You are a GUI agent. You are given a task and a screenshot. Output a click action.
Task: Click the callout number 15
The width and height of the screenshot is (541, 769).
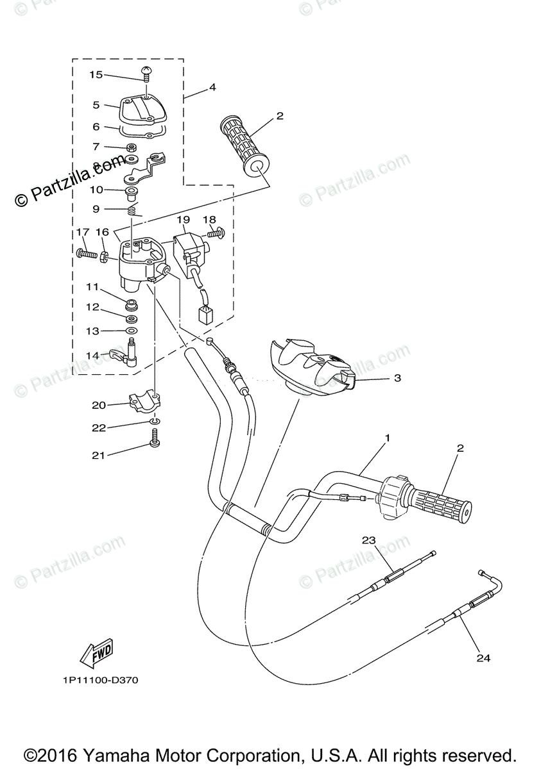96,75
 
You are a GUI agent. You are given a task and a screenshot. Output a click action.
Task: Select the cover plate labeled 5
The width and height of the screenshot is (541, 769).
137,110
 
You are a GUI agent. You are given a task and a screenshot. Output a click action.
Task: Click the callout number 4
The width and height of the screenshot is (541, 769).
212,87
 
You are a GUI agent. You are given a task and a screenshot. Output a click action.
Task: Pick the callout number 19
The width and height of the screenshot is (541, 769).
183,220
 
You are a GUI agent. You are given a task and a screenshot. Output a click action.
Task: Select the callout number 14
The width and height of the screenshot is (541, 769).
93,355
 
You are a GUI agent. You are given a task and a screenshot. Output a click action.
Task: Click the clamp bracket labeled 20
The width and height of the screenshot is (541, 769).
146,402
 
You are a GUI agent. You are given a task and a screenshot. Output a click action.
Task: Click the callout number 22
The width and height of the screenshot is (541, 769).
98,428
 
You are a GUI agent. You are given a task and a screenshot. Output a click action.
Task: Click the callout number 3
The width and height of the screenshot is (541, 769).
397,378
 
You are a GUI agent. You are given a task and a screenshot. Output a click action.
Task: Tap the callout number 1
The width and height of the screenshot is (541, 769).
387,438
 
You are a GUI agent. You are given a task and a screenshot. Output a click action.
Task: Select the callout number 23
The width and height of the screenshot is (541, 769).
368,540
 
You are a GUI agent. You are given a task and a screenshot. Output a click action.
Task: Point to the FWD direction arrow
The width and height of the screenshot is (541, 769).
96,652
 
